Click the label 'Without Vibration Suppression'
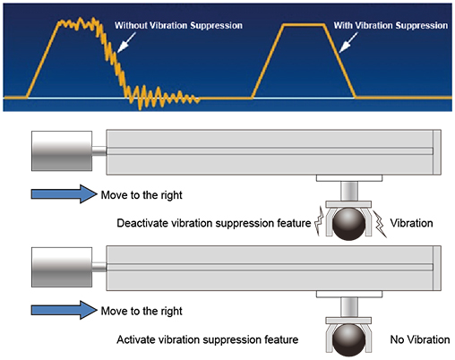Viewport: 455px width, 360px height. [x=178, y=26]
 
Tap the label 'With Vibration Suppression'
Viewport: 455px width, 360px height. [x=391, y=26]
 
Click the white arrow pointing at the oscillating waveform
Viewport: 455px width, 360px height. [x=126, y=42]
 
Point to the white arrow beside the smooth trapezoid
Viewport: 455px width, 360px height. [x=348, y=42]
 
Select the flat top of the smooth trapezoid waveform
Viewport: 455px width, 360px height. [x=304, y=25]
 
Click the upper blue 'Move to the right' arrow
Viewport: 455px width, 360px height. [x=64, y=194]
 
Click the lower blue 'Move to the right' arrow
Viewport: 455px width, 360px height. [x=64, y=310]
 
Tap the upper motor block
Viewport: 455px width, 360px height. [x=62, y=150]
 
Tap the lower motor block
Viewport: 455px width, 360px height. [x=62, y=267]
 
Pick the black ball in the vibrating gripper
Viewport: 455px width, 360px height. [x=348, y=224]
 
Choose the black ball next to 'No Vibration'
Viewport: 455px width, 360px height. [x=348, y=340]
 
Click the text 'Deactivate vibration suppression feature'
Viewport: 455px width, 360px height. [x=214, y=223]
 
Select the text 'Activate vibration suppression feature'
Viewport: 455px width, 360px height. [x=208, y=339]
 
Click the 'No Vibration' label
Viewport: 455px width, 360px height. [x=420, y=339]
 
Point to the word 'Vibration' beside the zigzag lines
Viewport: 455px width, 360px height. [x=411, y=223]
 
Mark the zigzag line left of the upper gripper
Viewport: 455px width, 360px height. [x=320, y=220]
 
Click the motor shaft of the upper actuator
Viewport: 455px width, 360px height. [x=99, y=150]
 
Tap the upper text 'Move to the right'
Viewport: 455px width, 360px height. [x=142, y=195]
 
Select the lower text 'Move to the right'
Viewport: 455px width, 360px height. [x=142, y=311]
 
